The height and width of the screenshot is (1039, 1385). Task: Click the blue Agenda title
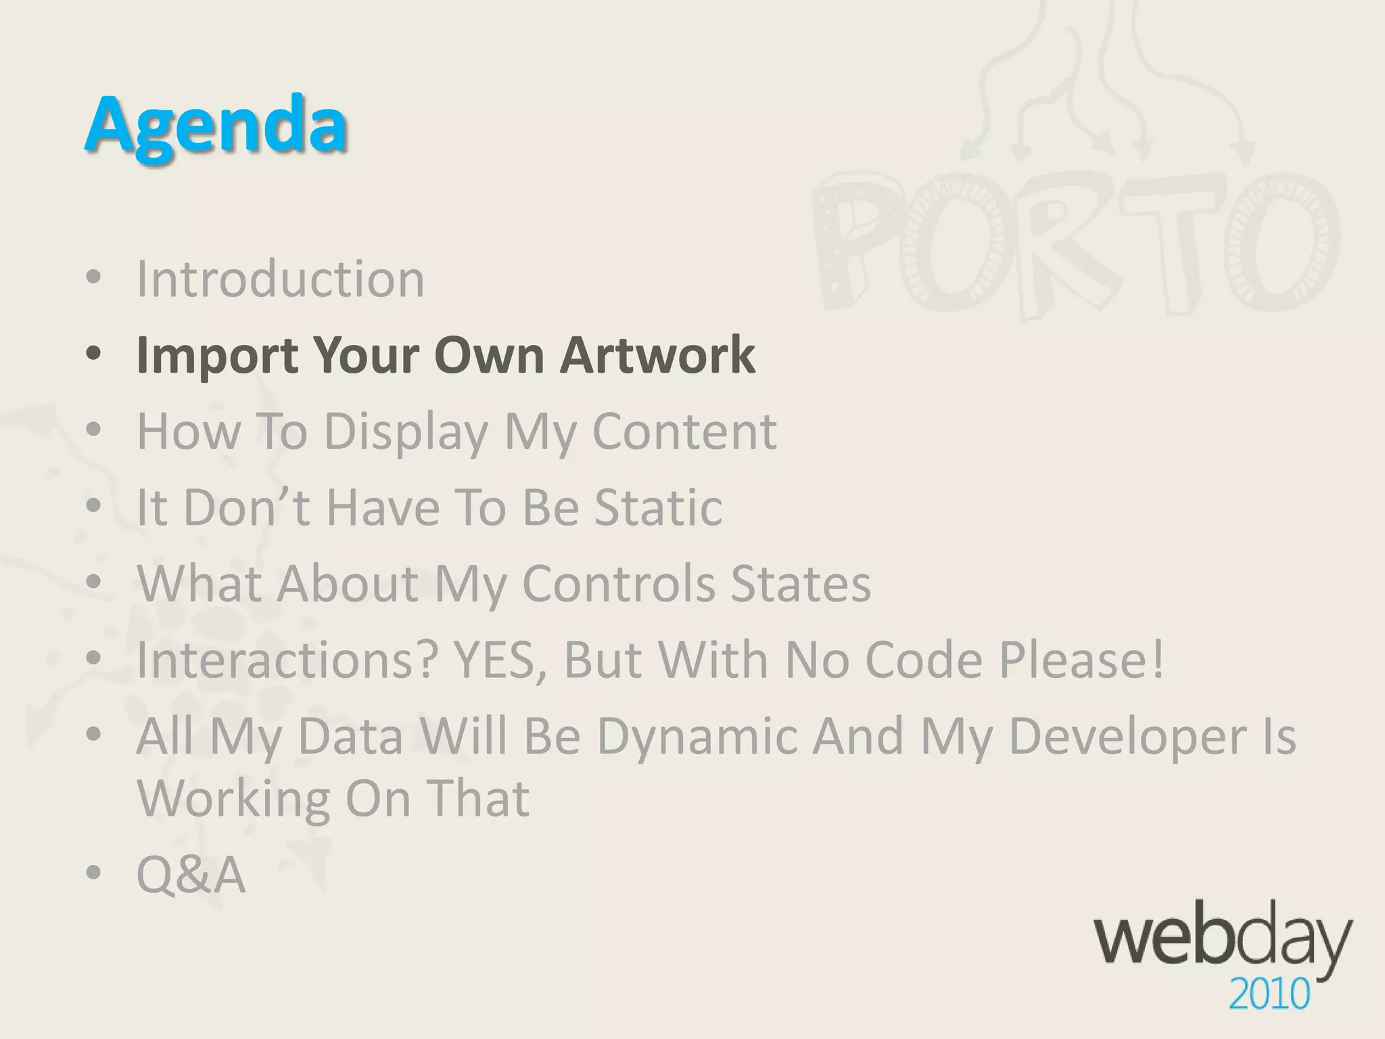click(x=216, y=126)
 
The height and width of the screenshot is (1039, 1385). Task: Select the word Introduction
click(x=281, y=279)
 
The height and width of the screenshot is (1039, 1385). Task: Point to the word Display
click(x=406, y=432)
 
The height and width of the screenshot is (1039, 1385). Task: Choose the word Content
click(x=684, y=431)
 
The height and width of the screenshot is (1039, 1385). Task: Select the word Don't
click(x=247, y=507)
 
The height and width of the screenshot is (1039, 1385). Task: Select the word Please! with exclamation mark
click(x=1082, y=660)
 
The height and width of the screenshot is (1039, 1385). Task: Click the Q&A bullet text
click(x=191, y=875)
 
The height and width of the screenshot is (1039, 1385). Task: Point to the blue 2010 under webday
click(x=1269, y=995)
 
